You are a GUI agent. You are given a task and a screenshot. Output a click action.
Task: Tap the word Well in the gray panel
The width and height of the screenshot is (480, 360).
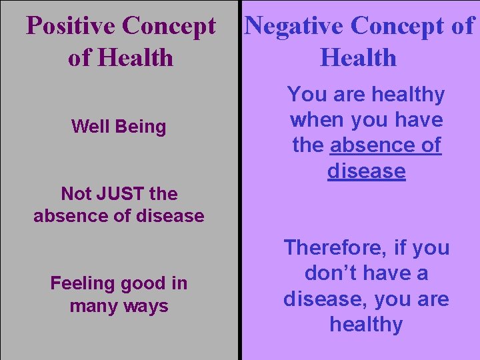[x=87, y=127]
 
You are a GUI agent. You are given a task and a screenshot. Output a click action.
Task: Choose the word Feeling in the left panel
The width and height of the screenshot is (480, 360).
[x=84, y=283]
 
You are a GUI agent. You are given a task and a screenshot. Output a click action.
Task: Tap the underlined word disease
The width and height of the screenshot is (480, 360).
[x=366, y=171]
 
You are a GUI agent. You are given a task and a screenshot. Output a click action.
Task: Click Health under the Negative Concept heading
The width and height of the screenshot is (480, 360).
[x=358, y=58]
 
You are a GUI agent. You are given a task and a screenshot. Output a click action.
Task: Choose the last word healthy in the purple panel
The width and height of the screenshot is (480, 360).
[x=366, y=325]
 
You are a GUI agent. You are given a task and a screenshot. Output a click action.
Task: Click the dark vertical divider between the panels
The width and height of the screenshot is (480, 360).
[x=239, y=200]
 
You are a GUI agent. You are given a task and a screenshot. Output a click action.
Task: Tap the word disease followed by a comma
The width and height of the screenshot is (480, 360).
[x=323, y=299]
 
